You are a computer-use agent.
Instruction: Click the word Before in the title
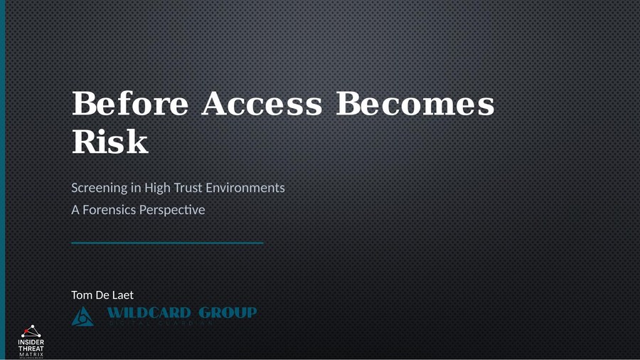[x=129, y=105]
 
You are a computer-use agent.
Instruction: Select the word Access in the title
[x=261, y=105]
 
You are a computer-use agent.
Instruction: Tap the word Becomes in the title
[x=415, y=105]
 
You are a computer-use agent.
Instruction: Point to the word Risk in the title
[x=110, y=142]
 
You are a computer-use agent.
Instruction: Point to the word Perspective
[x=176, y=211]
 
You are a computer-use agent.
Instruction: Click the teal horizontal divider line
[x=167, y=243]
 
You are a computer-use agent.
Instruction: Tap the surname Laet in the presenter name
[x=122, y=295]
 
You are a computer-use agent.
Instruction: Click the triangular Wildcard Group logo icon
[x=83, y=317]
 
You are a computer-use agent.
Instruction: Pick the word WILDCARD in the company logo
[x=149, y=313]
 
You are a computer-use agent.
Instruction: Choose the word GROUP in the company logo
[x=228, y=313]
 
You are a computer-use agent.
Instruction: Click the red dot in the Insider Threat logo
[x=31, y=327]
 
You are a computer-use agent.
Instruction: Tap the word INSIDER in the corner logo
[x=31, y=342]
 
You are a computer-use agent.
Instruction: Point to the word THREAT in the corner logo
[x=31, y=349]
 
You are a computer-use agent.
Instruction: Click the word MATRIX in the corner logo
[x=31, y=354]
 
